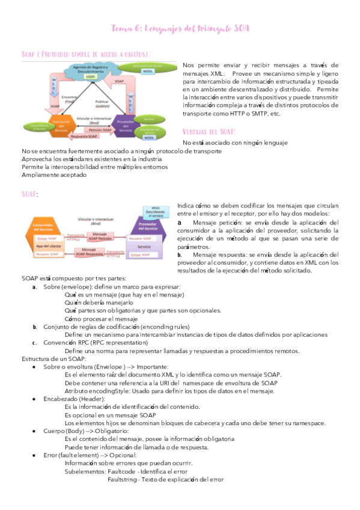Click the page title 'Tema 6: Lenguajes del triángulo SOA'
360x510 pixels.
[180, 29]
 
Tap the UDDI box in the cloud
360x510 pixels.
[91, 77]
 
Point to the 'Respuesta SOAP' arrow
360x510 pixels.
[100, 136]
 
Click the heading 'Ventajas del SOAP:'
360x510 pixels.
[210, 132]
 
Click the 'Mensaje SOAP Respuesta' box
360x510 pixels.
[93, 251]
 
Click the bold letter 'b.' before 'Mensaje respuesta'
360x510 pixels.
[180, 255]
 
